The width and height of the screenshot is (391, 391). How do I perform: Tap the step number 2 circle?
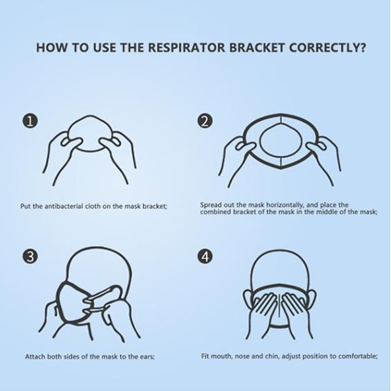(205, 122)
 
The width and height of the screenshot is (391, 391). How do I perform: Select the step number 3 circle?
(30, 256)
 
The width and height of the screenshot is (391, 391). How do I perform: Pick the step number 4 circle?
(205, 256)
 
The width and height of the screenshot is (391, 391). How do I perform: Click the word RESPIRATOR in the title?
(187, 47)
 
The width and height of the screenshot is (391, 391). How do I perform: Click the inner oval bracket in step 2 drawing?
(281, 141)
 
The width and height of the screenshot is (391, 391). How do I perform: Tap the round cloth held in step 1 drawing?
(90, 133)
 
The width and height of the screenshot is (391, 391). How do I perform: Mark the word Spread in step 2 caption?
(211, 205)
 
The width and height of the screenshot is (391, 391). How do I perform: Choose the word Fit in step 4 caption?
(205, 356)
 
